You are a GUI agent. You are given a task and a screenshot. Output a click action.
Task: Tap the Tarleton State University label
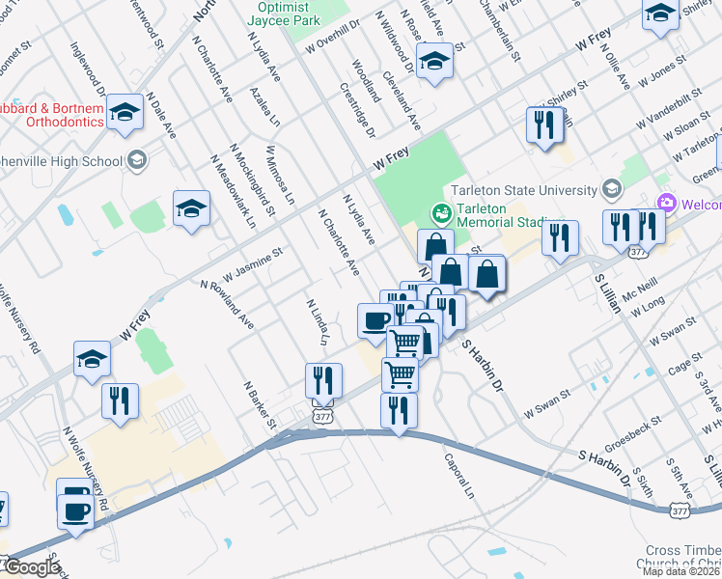tap(520, 187)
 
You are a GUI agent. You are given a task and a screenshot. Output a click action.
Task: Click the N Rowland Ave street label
tap(227, 306)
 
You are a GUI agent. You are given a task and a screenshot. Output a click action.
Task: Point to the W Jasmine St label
tap(253, 262)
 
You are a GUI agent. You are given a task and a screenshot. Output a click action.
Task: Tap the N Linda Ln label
tap(319, 322)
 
